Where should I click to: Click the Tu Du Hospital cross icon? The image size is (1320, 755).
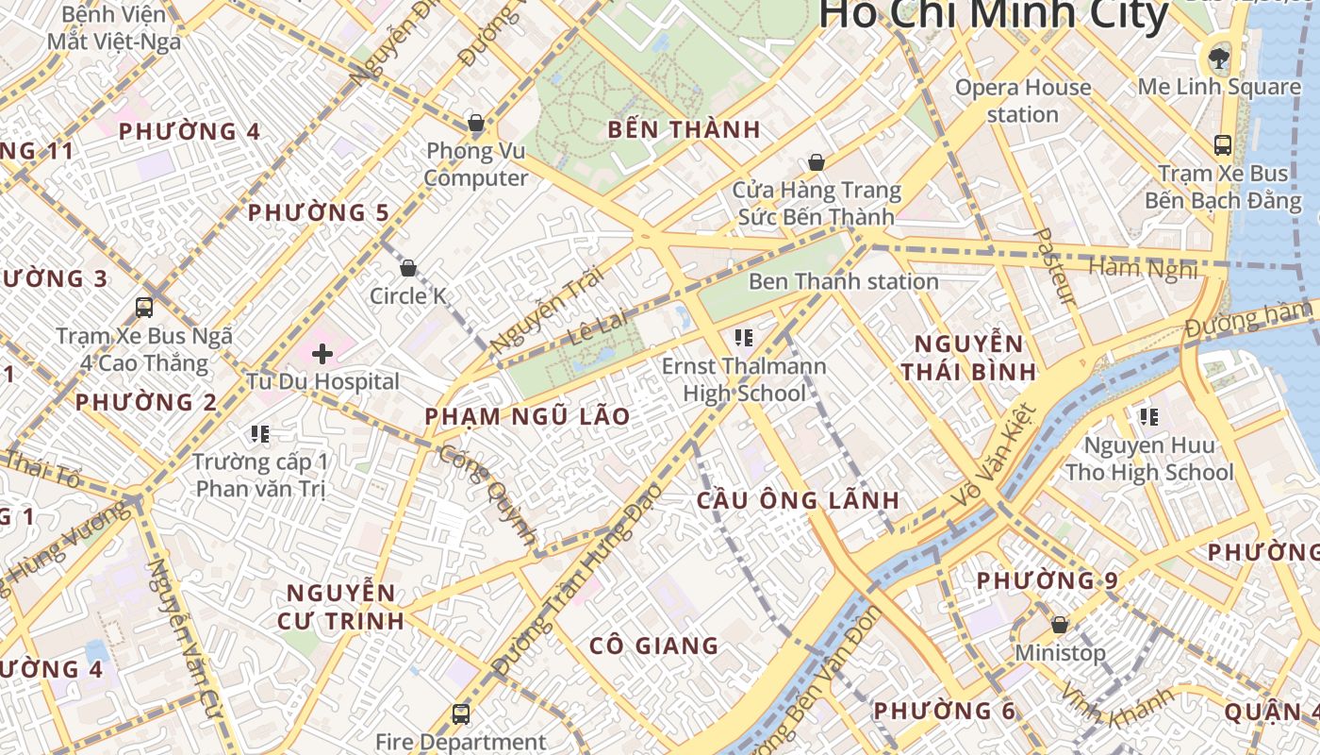click(322, 354)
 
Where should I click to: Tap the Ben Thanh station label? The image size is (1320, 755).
click(843, 281)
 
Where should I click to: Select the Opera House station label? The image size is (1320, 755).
click(1023, 101)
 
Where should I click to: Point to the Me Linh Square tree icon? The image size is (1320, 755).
click(1219, 59)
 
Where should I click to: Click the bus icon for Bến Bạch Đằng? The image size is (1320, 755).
click(1223, 145)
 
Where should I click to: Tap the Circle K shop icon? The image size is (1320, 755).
click(408, 268)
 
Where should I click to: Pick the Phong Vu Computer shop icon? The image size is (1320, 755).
click(476, 123)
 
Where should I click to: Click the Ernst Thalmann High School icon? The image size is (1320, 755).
click(743, 337)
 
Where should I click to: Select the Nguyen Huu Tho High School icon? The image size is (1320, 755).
click(1148, 416)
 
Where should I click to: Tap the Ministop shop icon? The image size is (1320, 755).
click(1060, 625)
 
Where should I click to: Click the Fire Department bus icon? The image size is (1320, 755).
click(460, 714)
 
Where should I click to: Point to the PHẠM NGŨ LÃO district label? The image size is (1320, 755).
click(527, 417)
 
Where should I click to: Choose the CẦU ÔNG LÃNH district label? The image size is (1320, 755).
click(798, 501)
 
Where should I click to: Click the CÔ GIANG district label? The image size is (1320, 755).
click(653, 646)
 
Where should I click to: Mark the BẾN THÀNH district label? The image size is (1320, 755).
click(684, 130)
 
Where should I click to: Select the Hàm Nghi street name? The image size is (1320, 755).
click(1143, 269)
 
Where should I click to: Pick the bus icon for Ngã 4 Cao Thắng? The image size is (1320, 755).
click(144, 308)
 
